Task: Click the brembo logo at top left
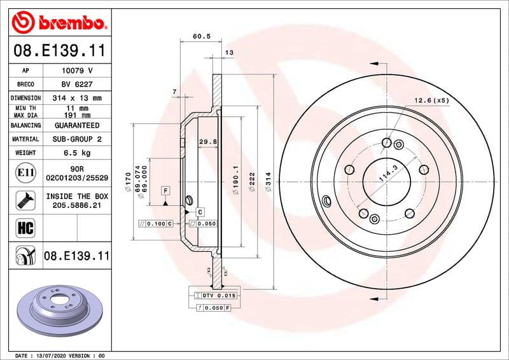[x=59, y=23]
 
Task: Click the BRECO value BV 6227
[x=77, y=84]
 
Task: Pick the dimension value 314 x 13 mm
[x=77, y=98]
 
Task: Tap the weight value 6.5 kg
[x=77, y=153]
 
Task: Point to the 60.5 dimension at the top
[x=202, y=37]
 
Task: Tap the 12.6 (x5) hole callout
[x=431, y=100]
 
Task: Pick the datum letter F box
[x=165, y=191]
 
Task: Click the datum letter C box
[x=199, y=211]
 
